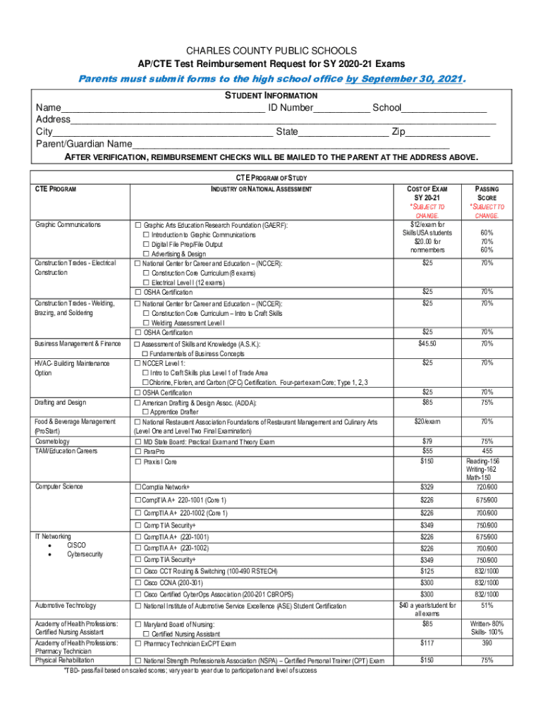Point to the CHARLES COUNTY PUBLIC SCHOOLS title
271,51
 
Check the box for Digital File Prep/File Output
147,244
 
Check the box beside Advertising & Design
147,254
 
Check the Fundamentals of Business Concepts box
146,354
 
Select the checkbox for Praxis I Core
138,462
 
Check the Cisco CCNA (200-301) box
138,582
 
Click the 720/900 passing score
487,487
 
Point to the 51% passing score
487,605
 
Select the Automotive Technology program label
66,606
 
